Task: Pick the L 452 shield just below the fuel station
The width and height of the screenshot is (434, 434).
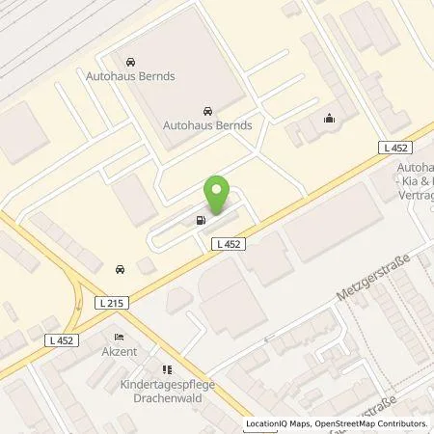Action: tap(229, 246)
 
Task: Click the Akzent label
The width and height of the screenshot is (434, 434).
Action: tap(119, 352)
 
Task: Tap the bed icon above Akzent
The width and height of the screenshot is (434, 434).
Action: tap(119, 338)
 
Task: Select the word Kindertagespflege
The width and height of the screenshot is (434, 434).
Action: tap(163, 384)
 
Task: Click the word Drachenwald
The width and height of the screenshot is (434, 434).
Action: tap(163, 396)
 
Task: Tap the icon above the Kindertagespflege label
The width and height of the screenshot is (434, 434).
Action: tap(164, 368)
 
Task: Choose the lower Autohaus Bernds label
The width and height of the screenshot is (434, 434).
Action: tap(207, 125)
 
